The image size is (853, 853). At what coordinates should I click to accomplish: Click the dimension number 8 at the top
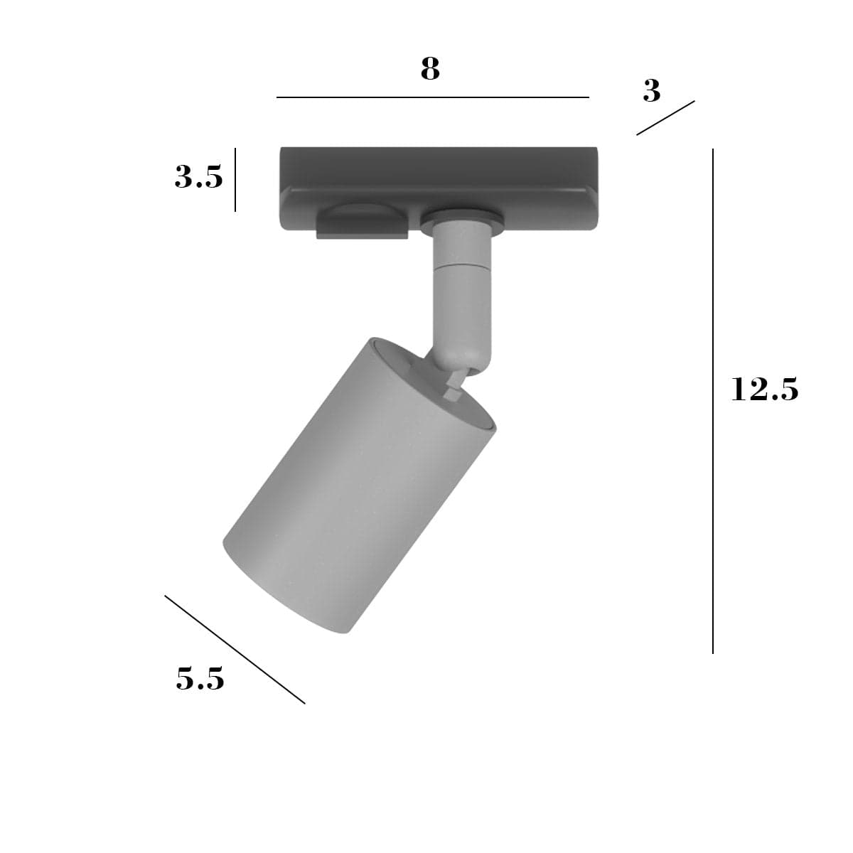(x=430, y=69)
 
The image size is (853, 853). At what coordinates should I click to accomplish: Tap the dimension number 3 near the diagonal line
(x=651, y=91)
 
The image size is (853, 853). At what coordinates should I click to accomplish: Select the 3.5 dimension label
(x=199, y=176)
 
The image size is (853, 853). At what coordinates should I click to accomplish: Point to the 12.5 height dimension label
(x=764, y=389)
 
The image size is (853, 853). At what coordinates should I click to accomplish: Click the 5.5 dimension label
(x=200, y=678)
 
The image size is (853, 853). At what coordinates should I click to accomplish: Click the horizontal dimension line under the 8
(x=432, y=97)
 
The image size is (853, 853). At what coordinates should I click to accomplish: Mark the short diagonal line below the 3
(x=665, y=118)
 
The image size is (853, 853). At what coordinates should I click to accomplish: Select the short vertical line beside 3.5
(x=235, y=180)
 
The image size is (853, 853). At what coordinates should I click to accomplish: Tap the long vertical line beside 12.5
(x=713, y=401)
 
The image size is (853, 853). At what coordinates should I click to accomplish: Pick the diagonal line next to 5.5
(x=235, y=650)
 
